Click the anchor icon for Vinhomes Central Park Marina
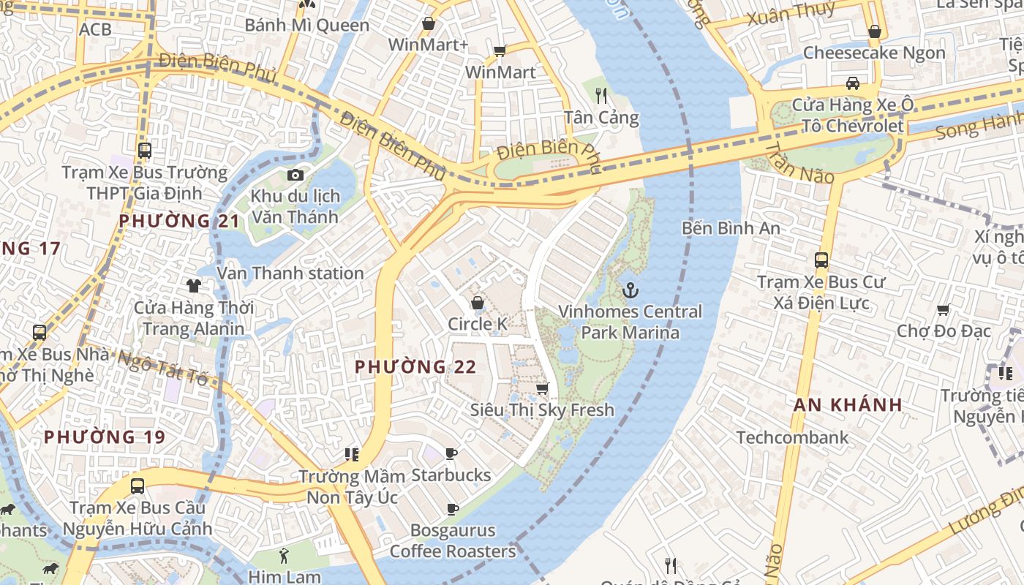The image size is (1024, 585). [x=630, y=291]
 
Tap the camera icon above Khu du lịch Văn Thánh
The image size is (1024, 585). [x=295, y=175]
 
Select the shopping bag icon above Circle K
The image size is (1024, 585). [x=478, y=303]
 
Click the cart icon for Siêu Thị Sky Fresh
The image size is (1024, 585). [x=542, y=388]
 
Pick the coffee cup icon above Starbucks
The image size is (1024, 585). [x=451, y=454]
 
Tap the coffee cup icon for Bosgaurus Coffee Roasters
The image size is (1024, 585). [x=453, y=509]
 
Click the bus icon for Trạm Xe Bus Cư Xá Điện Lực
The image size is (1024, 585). [x=821, y=260]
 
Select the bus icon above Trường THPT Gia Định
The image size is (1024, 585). [x=145, y=151]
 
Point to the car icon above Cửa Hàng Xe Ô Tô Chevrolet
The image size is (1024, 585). [x=852, y=83]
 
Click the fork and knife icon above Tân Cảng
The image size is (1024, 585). [x=601, y=95]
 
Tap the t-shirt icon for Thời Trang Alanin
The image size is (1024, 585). [x=194, y=285]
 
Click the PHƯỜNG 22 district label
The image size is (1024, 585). [x=415, y=367]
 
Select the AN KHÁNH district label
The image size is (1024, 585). [x=848, y=405]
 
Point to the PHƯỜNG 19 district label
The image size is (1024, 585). [x=105, y=437]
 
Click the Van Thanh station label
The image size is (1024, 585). [x=290, y=273]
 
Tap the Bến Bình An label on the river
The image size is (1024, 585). [x=731, y=228]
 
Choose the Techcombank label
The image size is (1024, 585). [x=792, y=437]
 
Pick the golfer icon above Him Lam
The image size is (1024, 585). [x=284, y=556]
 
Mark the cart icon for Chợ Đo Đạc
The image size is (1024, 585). [x=944, y=310]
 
